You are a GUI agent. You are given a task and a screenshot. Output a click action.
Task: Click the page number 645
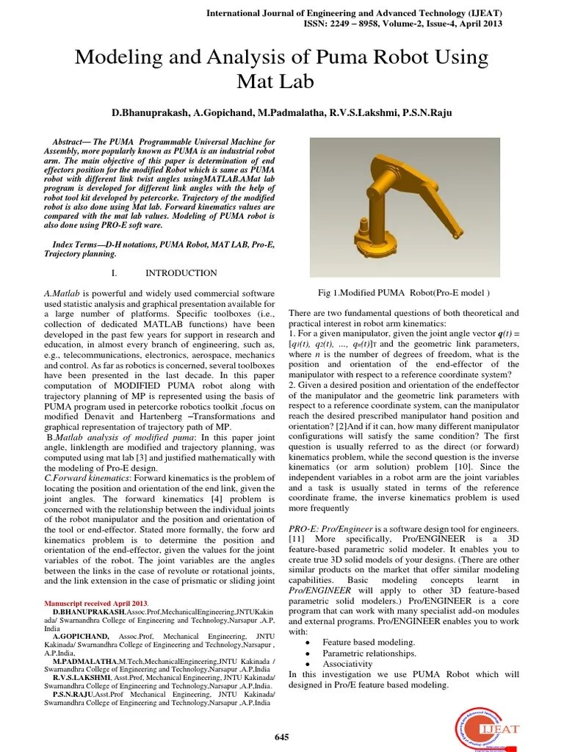[282, 737]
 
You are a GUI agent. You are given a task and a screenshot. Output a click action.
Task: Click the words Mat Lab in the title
[282, 81]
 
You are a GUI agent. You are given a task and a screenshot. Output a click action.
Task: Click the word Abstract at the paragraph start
[73, 141]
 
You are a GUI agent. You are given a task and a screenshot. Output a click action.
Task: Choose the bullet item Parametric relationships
[369, 653]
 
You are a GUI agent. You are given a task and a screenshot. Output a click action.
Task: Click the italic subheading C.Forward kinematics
[80, 479]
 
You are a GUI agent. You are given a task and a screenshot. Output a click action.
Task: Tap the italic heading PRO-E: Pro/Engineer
[331, 529]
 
